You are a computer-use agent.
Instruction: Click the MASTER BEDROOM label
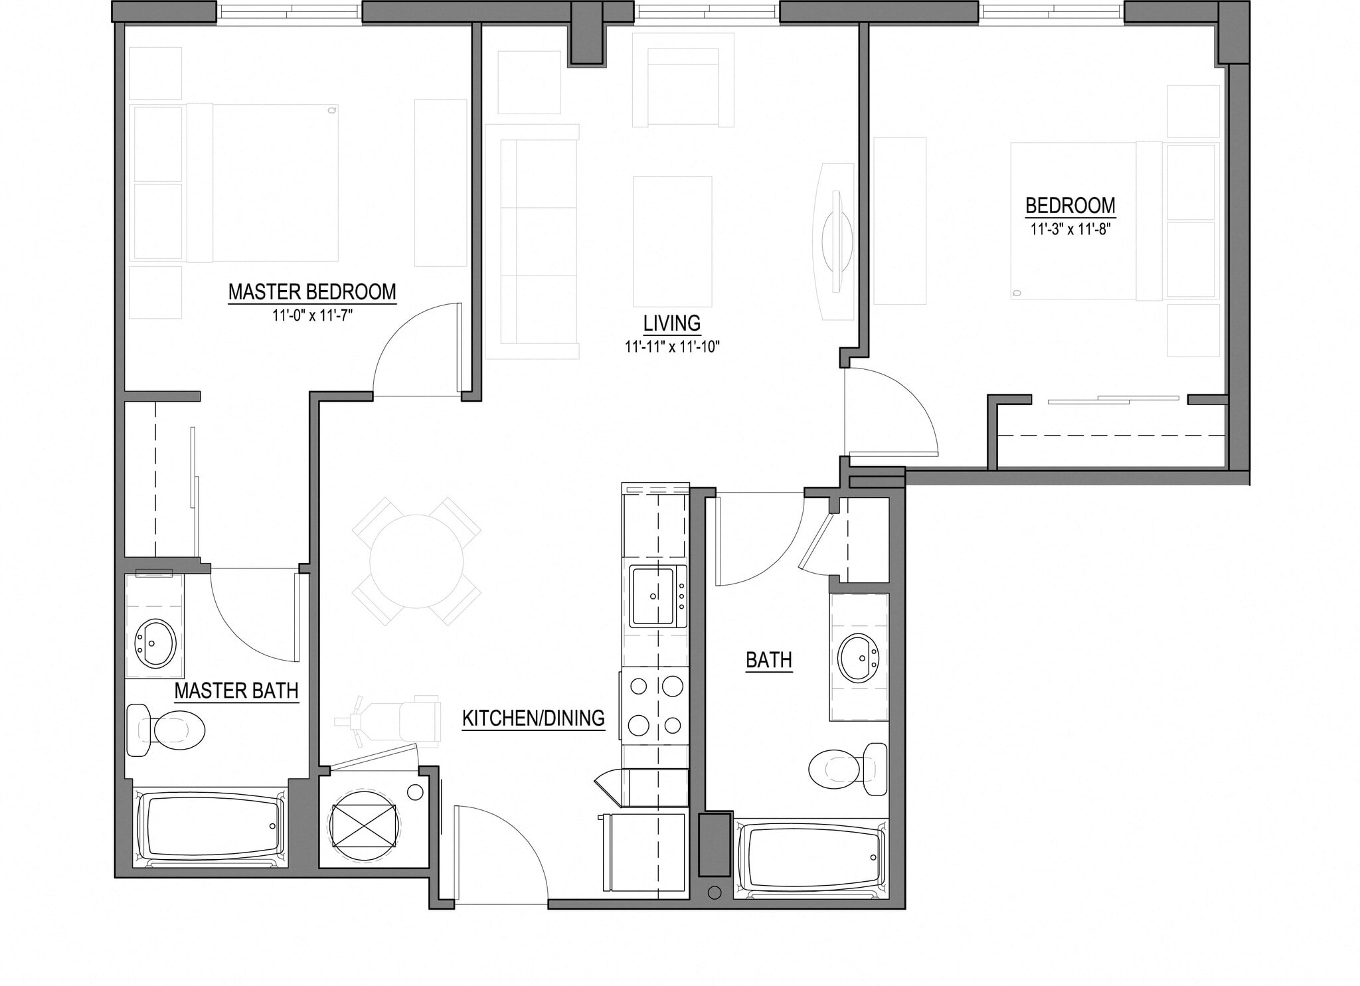312,292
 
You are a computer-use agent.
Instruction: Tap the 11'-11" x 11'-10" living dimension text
672,347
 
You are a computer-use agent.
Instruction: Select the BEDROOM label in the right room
1070,206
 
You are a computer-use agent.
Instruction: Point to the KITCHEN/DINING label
533,718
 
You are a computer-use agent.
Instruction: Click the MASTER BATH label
236,691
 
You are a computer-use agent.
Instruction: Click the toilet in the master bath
167,730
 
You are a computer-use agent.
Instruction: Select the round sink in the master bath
155,643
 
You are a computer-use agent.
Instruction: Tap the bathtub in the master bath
211,827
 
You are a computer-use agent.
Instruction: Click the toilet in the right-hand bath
849,769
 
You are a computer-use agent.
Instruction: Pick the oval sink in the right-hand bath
859,657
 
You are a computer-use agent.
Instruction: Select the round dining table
416,561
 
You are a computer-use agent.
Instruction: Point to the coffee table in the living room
672,241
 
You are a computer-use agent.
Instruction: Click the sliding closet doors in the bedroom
1112,400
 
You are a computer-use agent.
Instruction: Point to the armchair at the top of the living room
683,90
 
